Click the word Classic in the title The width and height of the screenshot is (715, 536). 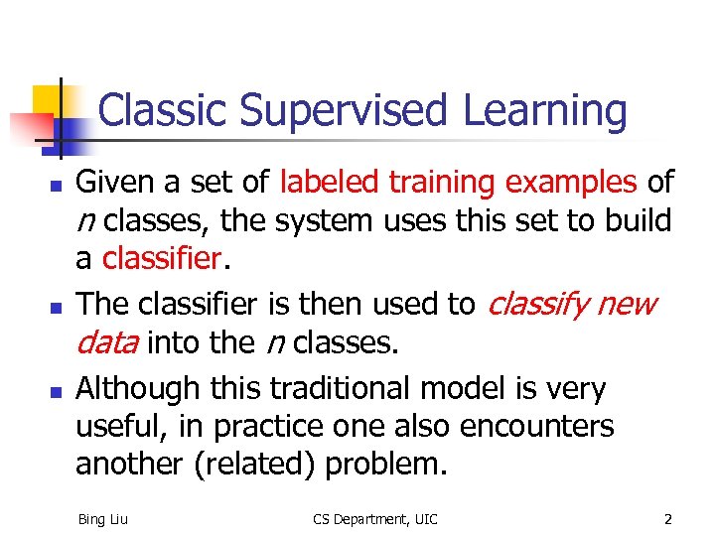coord(163,110)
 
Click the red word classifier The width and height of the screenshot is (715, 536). coord(161,259)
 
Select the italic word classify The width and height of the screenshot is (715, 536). coord(537,305)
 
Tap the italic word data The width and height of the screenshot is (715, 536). coord(107,343)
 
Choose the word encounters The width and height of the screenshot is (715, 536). coord(537,427)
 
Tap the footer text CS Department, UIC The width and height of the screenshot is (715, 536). coord(374,518)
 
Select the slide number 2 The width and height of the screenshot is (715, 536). coord(668,518)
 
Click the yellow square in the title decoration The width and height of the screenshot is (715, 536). coord(49,100)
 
